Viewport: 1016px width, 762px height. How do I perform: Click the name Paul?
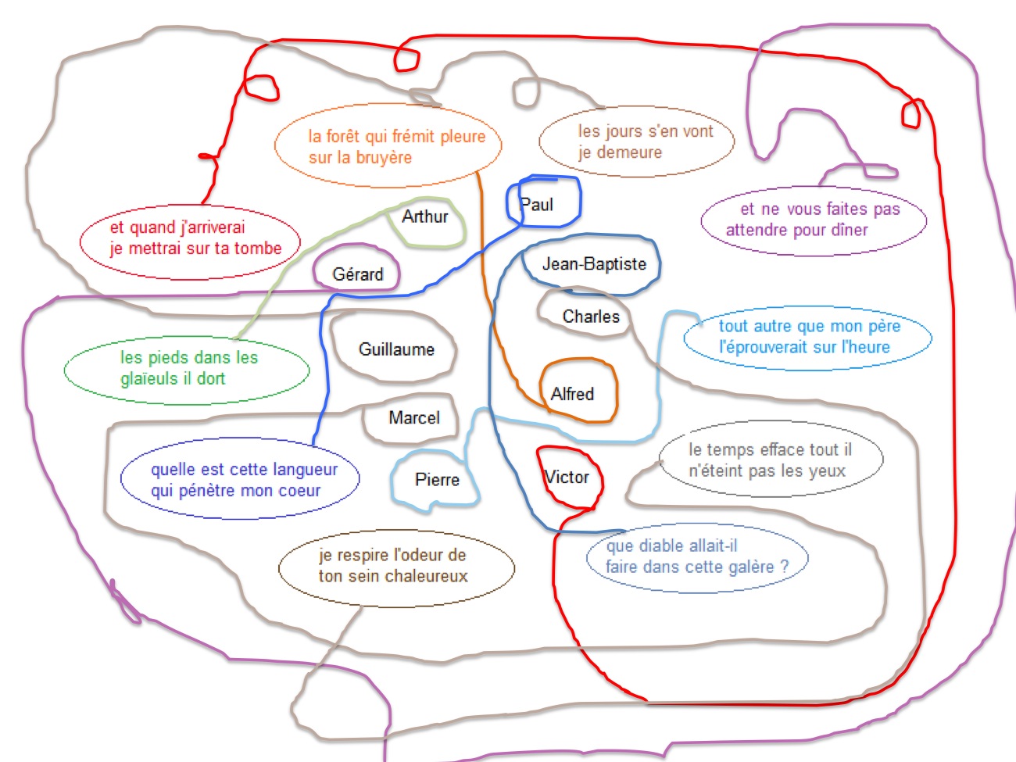[x=537, y=205]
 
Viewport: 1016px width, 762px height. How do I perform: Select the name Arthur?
[x=425, y=216]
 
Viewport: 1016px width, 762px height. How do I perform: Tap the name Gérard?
[x=358, y=274]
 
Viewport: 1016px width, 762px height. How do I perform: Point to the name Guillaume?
[x=396, y=349]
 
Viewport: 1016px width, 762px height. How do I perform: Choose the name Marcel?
[x=414, y=418]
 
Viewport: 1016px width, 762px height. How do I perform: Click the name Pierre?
[x=437, y=480]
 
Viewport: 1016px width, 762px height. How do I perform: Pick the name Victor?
[x=567, y=477]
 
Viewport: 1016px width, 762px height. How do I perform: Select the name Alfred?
[x=572, y=394]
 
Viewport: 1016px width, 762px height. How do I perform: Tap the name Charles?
[x=591, y=317]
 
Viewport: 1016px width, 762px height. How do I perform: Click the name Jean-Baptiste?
[x=594, y=264]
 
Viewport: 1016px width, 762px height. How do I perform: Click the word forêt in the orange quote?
[x=343, y=136]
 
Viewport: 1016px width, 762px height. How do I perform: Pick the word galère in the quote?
[x=747, y=567]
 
